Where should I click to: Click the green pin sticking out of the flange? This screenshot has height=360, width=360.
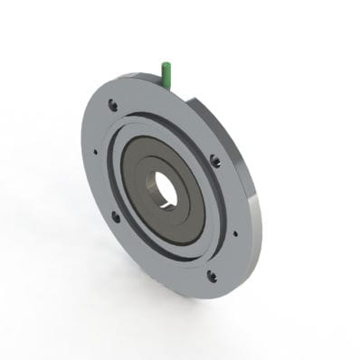click(166, 72)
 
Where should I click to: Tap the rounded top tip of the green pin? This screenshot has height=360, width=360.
click(166, 63)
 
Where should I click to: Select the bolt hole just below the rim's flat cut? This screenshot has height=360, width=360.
click(215, 161)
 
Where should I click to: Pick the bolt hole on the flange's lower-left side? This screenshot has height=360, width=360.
click(115, 216)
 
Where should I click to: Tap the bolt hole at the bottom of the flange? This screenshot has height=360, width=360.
click(212, 275)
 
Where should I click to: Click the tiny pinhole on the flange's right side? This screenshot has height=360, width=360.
click(234, 232)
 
